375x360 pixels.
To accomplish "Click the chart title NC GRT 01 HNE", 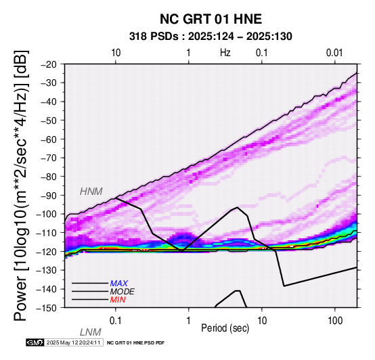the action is pyautogui.click(x=211, y=19).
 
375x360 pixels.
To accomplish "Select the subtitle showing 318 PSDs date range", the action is pyautogui.click(x=211, y=37).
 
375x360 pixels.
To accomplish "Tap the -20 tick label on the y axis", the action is pyautogui.click(x=49, y=64).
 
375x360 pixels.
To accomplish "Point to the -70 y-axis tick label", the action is pyautogui.click(x=49, y=158).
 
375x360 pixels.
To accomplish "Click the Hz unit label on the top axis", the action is pyautogui.click(x=225, y=53).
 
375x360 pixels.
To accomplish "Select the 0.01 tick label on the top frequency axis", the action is pyautogui.click(x=334, y=53).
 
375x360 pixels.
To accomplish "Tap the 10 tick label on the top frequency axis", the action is pyautogui.click(x=116, y=53).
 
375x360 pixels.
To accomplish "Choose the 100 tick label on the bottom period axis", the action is pyautogui.click(x=335, y=321).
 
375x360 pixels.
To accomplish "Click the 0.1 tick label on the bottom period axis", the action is pyautogui.click(x=116, y=321).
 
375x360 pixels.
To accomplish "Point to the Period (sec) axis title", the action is pyautogui.click(x=225, y=328).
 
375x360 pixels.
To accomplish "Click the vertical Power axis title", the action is pyautogui.click(x=21, y=185).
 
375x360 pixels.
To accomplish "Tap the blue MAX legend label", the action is pyautogui.click(x=119, y=284).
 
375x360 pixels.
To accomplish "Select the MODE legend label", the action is pyautogui.click(x=123, y=292).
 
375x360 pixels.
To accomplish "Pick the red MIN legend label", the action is pyautogui.click(x=118, y=300).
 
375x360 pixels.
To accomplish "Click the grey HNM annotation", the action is pyautogui.click(x=91, y=192).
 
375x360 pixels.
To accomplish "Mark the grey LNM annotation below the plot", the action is pyautogui.click(x=91, y=332).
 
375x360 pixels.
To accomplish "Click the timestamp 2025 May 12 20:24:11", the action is pyautogui.click(x=73, y=342).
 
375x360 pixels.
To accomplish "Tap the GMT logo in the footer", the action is pyautogui.click(x=35, y=342).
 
